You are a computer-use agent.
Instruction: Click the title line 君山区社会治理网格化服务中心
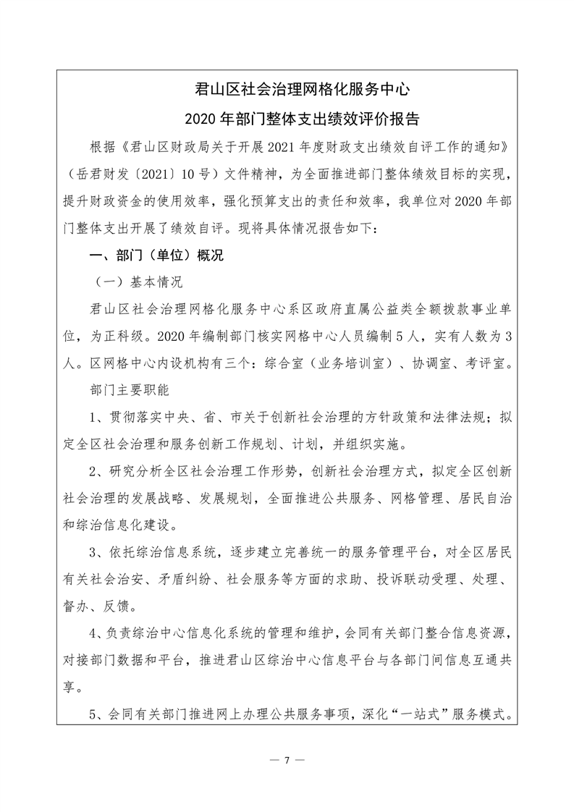click(303, 90)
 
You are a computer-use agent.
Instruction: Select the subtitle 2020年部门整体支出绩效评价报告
click(303, 118)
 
